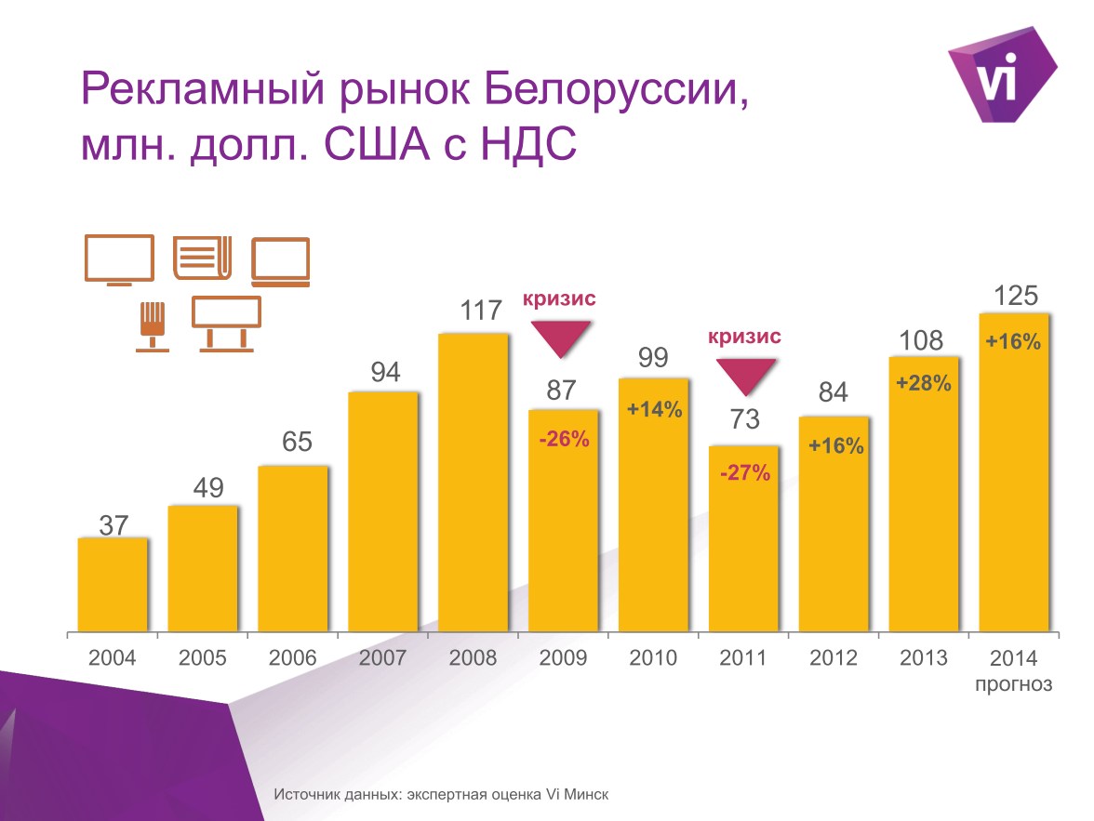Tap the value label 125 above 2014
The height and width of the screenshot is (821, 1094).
coord(1015,297)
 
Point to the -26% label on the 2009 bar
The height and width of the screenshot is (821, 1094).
coord(564,439)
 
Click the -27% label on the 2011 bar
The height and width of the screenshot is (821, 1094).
coord(744,473)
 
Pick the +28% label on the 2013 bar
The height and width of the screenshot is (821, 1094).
coord(923,382)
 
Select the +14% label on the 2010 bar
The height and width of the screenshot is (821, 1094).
coord(654,408)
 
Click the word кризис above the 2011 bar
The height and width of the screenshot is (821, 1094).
coord(744,336)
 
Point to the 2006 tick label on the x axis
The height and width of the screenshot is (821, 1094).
coord(292,658)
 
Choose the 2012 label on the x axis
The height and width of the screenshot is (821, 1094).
coord(833,658)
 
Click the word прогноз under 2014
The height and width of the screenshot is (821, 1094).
coord(1014,685)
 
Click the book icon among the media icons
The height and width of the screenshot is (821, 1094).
coord(202,258)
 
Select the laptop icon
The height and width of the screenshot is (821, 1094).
coord(280,261)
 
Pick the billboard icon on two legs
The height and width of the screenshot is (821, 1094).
coord(226,323)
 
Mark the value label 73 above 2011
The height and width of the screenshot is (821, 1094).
coord(744,419)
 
